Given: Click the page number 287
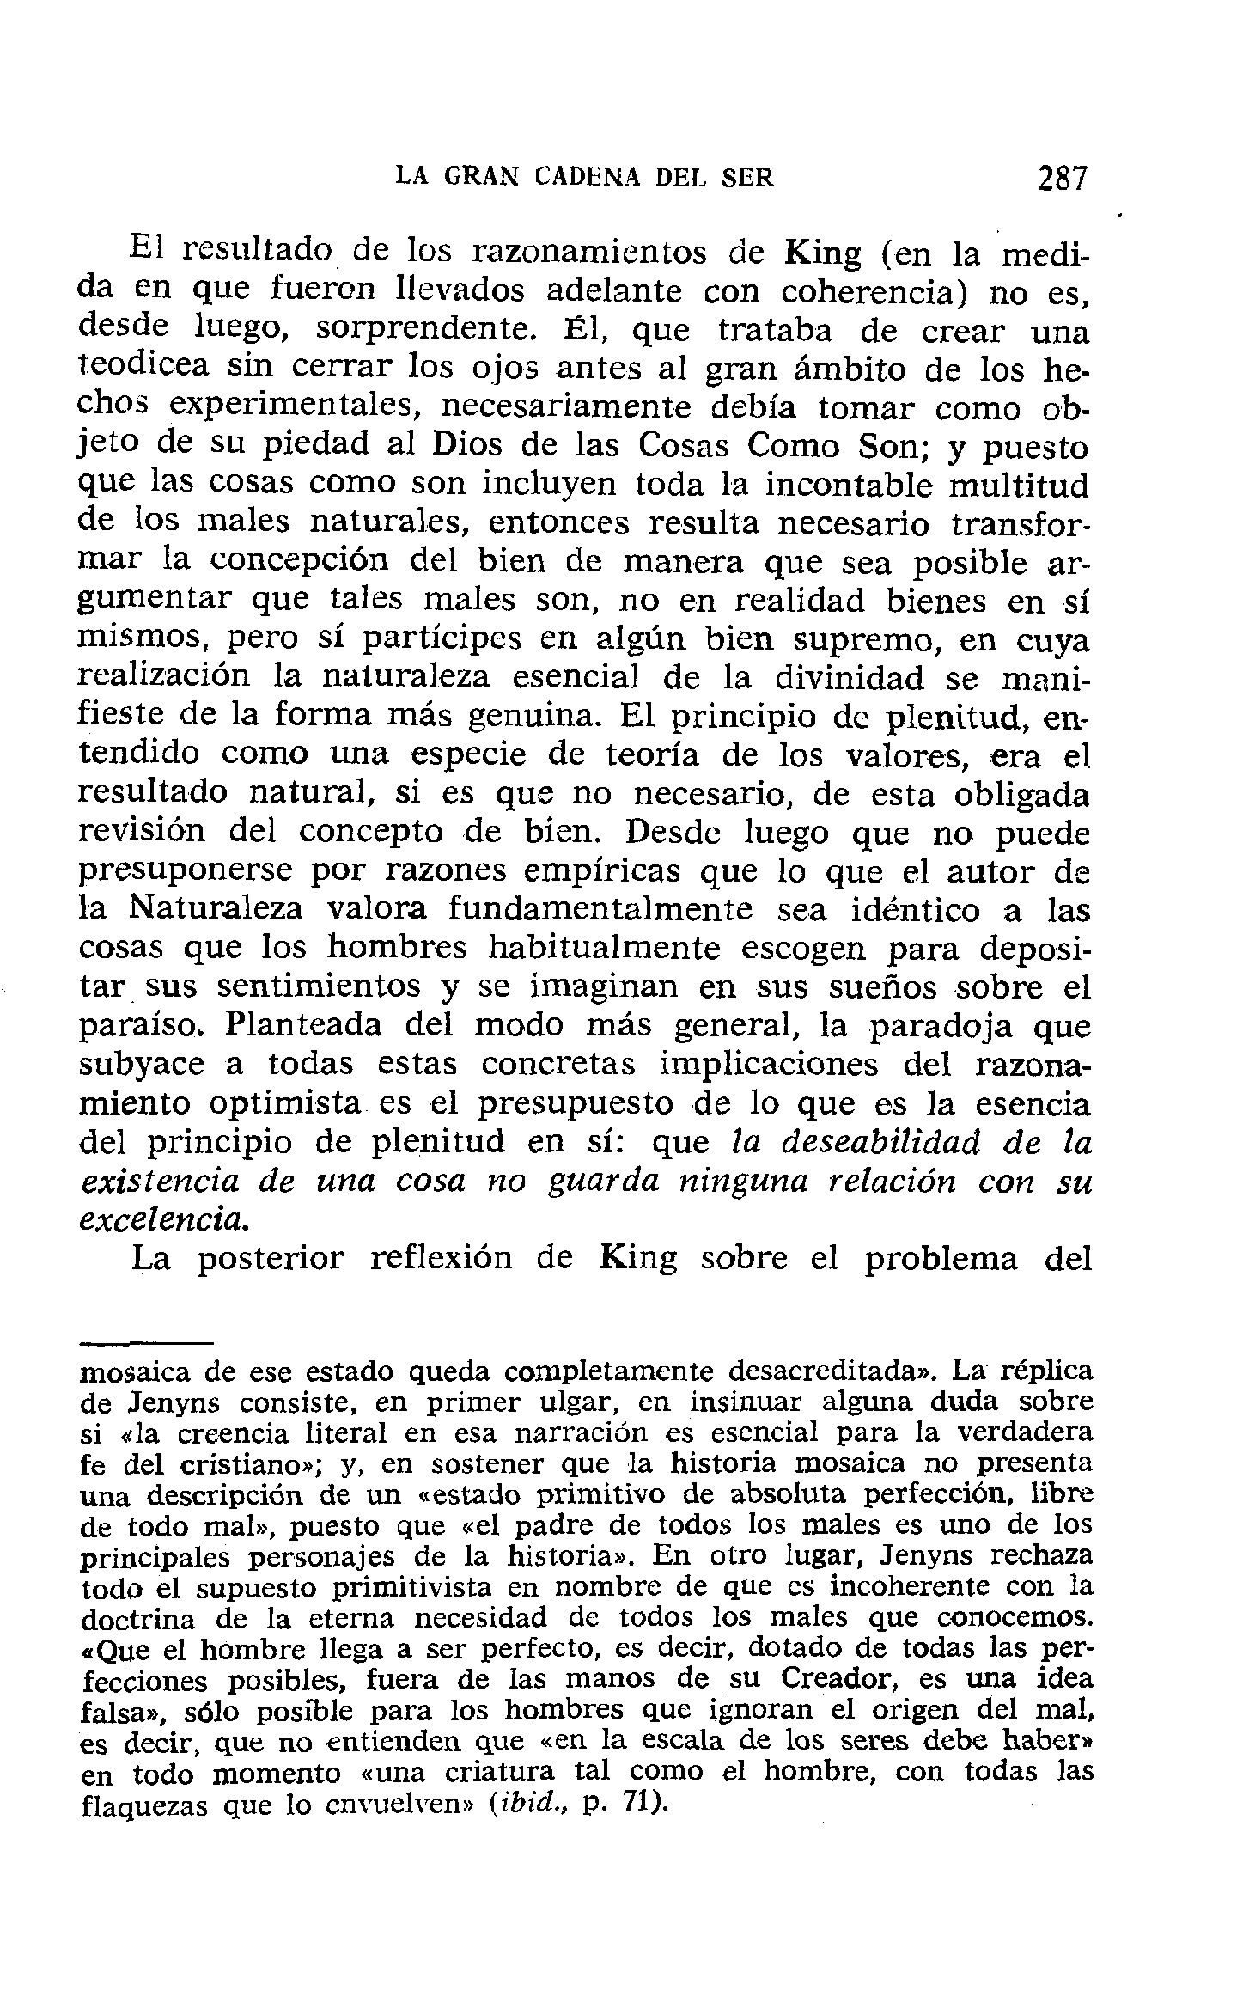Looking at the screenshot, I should [1062, 178].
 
